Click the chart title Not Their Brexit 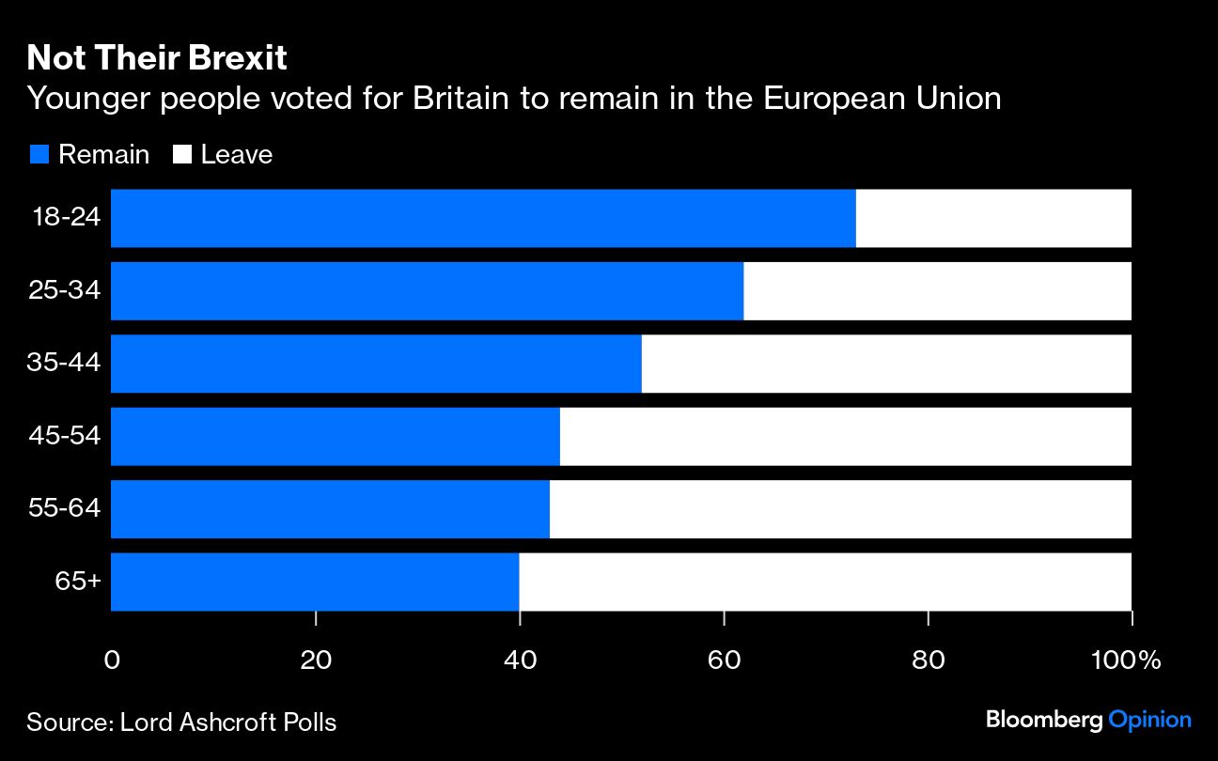tap(156, 59)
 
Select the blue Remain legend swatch tap(39, 155)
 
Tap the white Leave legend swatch tap(183, 155)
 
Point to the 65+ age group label tap(78, 582)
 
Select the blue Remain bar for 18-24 tap(483, 218)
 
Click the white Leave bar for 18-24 tap(993, 218)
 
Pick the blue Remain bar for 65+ tap(315, 582)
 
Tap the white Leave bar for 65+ tap(825, 582)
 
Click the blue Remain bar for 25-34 tap(427, 291)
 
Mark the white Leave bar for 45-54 tap(846, 436)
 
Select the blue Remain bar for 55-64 tap(330, 509)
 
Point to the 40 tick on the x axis tap(520, 660)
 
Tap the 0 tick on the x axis tap(112, 660)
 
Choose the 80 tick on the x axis tap(928, 660)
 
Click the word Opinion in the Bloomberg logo tap(1149, 721)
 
